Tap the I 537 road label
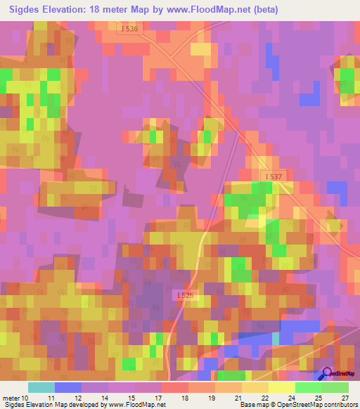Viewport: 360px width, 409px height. [x=274, y=174]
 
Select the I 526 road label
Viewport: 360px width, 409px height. [x=185, y=295]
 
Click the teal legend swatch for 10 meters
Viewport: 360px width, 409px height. [x=41, y=387]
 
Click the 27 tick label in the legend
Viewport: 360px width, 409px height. [x=344, y=398]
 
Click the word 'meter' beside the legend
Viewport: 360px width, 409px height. [x=11, y=398]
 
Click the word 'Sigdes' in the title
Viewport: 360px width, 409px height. [x=21, y=10]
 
